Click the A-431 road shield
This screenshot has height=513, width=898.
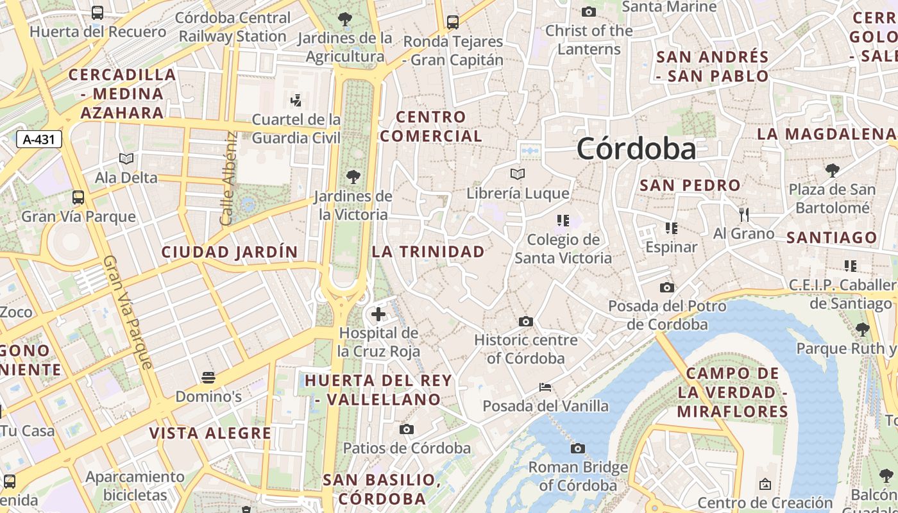click(x=38, y=139)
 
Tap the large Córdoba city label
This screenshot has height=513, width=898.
click(x=636, y=149)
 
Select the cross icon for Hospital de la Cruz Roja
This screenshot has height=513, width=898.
click(x=378, y=314)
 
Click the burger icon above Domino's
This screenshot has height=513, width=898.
click(x=208, y=377)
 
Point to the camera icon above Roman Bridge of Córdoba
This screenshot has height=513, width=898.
click(x=578, y=448)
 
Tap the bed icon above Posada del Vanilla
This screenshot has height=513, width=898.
click(x=545, y=387)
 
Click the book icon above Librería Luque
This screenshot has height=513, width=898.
click(x=518, y=174)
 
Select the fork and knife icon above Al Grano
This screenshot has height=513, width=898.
click(x=744, y=214)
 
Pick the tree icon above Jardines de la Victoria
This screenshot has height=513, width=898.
click(x=353, y=176)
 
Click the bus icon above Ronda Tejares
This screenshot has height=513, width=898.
click(x=453, y=22)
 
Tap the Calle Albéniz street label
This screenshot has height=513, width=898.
click(x=228, y=179)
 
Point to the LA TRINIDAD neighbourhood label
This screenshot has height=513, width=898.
click(x=428, y=251)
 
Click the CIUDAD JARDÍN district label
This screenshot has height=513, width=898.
click(x=230, y=252)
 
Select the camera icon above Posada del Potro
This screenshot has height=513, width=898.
click(x=667, y=287)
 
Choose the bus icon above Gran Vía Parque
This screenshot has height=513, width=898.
click(x=78, y=198)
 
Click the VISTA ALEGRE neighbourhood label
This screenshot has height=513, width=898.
click(x=210, y=433)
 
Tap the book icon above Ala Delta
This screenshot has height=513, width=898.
click(x=126, y=158)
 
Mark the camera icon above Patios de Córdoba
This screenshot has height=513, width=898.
click(x=407, y=429)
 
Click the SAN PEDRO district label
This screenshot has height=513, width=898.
click(x=690, y=185)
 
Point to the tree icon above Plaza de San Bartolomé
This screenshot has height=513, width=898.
click(x=832, y=171)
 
